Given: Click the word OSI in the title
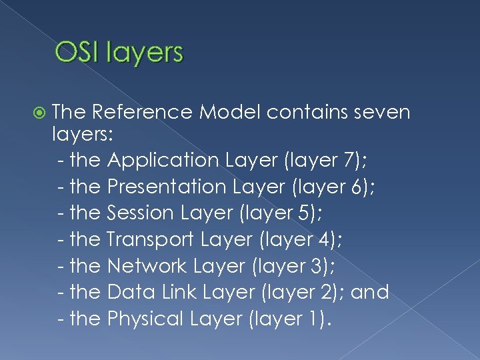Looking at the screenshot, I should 73,53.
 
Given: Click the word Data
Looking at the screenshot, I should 125,292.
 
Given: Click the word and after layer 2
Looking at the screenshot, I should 370,292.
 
